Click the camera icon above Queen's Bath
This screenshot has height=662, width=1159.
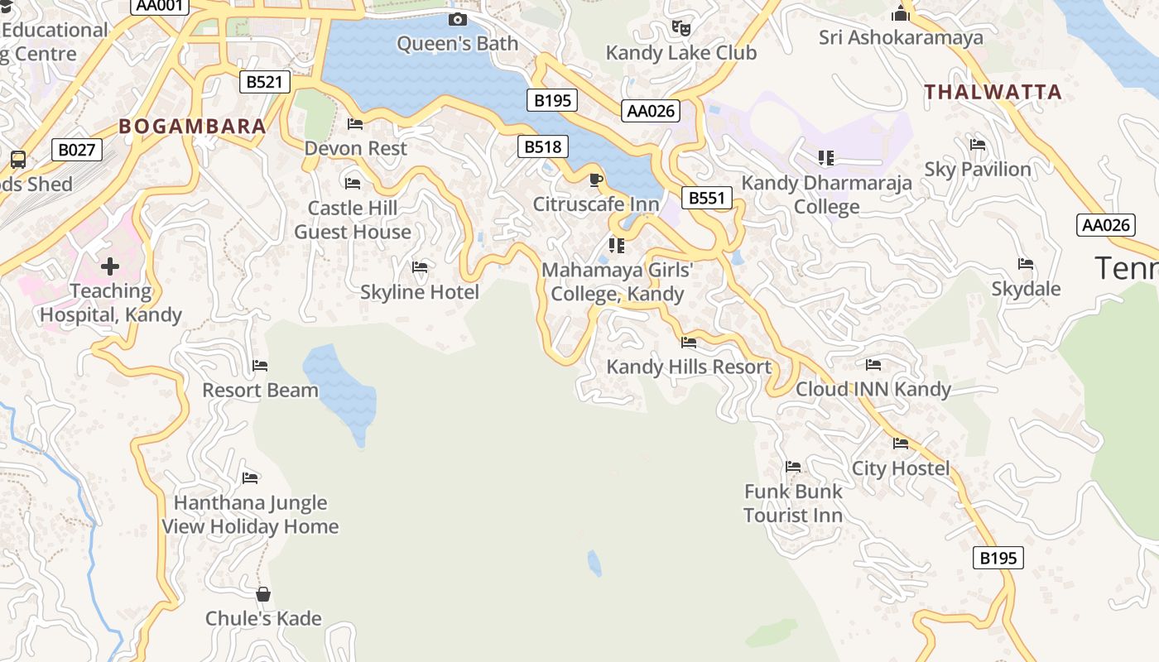457,19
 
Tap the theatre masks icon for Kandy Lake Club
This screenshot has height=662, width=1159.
680,27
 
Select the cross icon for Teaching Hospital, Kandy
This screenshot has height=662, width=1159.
110,266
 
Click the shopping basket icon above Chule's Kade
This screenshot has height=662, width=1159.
263,594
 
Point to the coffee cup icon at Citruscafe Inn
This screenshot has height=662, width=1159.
595,180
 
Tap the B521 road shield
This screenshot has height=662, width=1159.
265,82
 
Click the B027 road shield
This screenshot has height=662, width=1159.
76,150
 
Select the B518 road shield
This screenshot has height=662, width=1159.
543,147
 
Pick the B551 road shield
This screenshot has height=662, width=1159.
707,198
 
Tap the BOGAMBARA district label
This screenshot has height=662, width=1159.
192,127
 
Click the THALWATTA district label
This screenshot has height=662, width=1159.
993,92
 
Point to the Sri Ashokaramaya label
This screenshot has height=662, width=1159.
901,37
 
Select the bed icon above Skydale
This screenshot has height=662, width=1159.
1026,264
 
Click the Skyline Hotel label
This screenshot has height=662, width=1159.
420,292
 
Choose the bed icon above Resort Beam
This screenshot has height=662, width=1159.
260,366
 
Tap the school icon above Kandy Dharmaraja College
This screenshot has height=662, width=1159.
825,157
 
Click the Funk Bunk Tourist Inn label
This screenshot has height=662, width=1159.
793,503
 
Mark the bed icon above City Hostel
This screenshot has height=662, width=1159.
901,444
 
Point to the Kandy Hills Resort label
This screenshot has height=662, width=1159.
689,367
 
